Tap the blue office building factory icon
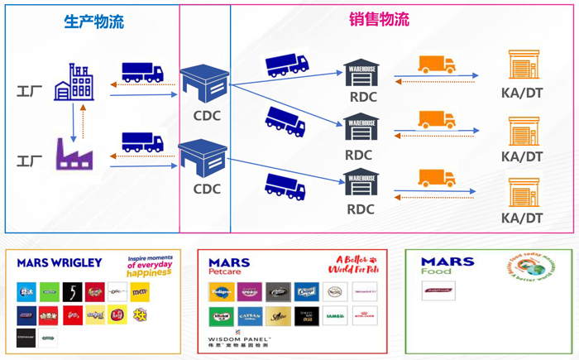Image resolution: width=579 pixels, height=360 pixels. click(74, 82)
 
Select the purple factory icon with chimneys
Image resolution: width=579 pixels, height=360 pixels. click(74, 154)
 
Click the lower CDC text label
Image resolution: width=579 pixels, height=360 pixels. click(206, 189)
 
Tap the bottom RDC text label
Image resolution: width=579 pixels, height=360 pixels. click(360, 209)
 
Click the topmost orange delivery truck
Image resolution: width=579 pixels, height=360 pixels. click(436, 65)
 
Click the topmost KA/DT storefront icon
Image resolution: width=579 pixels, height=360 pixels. click(522, 65)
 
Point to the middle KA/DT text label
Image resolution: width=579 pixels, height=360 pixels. click(522, 156)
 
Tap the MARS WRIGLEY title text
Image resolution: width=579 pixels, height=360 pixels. click(60, 263)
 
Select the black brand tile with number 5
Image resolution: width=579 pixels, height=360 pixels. click(72, 290)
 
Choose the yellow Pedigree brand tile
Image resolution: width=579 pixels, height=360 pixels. click(218, 290)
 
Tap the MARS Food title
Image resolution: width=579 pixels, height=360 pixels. click(447, 266)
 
